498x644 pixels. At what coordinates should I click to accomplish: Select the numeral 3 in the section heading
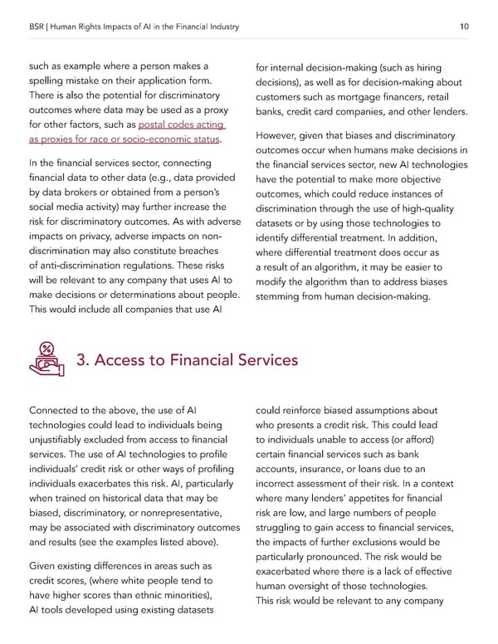82,360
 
